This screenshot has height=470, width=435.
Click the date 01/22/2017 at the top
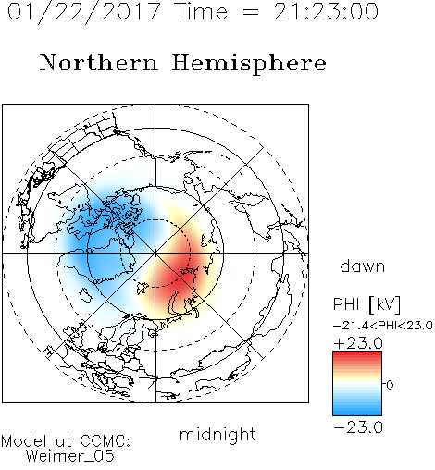[84, 12]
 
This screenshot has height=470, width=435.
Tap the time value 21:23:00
[326, 11]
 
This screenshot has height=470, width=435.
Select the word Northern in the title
[99, 62]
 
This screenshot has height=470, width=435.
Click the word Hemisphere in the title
[249, 63]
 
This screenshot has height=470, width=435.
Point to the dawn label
[363, 266]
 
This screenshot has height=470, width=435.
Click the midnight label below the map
[217, 435]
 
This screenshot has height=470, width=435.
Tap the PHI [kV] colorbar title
[367, 304]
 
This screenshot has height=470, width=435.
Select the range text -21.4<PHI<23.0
[383, 326]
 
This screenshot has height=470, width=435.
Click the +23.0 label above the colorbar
[358, 343]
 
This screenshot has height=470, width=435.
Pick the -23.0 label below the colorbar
[358, 427]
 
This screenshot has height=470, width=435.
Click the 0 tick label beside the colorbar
[390, 385]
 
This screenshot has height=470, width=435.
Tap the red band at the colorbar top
[357, 358]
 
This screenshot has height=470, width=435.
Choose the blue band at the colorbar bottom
[357, 409]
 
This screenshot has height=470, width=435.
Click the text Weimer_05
[70, 456]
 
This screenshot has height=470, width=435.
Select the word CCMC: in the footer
[105, 441]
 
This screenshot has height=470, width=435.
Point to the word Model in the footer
[24, 441]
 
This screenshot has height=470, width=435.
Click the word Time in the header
[201, 11]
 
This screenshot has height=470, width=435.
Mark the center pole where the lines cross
[155, 254]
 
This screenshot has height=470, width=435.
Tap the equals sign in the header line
[250, 12]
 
